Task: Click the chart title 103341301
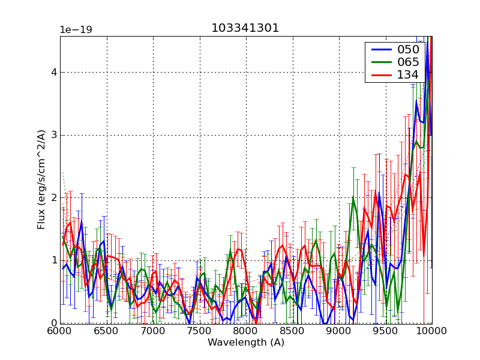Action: pyautogui.click(x=245, y=28)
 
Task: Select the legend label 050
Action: pyautogui.click(x=407, y=50)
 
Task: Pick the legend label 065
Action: pyautogui.click(x=407, y=62)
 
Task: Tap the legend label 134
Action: pyautogui.click(x=407, y=75)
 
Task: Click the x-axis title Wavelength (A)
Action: pyautogui.click(x=245, y=343)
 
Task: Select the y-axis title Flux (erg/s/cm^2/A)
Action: pyautogui.click(x=41, y=179)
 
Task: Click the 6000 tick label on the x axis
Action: pyautogui.click(x=60, y=331)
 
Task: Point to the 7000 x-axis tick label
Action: pyautogui.click(x=153, y=331)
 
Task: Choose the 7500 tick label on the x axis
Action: pyautogui.click(x=199, y=331)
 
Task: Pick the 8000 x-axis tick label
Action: pyautogui.click(x=245, y=331)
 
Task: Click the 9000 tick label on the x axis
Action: pyautogui.click(x=338, y=331)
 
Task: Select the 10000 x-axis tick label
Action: pyautogui.click(x=431, y=331)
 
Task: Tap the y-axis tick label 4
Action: pyautogui.click(x=54, y=72)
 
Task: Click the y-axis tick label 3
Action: pyautogui.click(x=54, y=135)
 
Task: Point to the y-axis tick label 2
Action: pyautogui.click(x=54, y=198)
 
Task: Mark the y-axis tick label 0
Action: pyautogui.click(x=54, y=323)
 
